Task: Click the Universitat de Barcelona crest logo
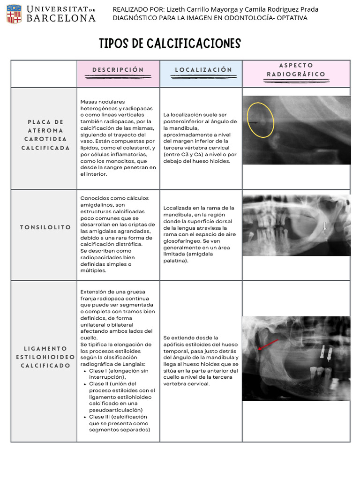click(x=14, y=14)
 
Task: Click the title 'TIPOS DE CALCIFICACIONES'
click(x=170, y=44)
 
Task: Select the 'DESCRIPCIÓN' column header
click(x=118, y=70)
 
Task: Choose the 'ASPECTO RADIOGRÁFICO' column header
click(x=296, y=70)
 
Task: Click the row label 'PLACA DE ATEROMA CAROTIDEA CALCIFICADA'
click(x=45, y=135)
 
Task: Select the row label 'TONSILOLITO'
click(x=45, y=227)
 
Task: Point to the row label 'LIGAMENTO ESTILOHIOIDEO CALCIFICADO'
click(x=45, y=357)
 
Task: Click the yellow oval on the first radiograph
click(x=261, y=120)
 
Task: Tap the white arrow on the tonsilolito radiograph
click(x=324, y=226)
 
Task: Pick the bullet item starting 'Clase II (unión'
click(x=121, y=397)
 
